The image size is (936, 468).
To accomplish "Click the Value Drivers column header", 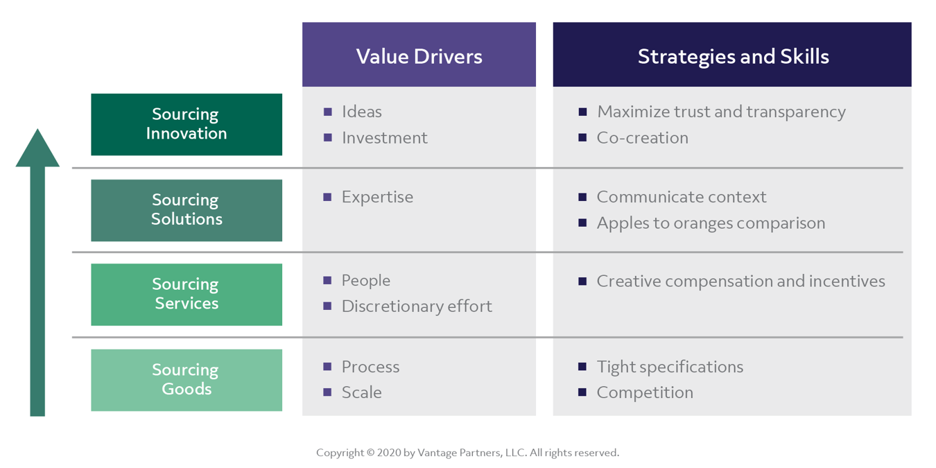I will (419, 55).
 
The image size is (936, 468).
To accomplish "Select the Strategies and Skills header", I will (732, 55).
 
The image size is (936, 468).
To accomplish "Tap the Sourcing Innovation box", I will (187, 124).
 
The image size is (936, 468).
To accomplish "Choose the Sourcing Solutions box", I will (187, 210).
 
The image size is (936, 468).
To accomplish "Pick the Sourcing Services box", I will (187, 295).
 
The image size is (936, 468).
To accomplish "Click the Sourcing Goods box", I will (187, 380).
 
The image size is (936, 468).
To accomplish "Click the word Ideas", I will (361, 112).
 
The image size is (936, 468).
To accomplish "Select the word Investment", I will (384, 138).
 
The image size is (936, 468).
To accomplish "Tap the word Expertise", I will (377, 197).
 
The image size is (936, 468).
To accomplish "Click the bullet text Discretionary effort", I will (417, 306).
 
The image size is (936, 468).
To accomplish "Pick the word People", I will (365, 281).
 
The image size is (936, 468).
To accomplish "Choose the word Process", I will (370, 367).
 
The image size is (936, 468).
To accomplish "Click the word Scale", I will (361, 392).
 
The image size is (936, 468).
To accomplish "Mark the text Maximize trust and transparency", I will (721, 112).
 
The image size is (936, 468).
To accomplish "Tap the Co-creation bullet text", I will (642, 138).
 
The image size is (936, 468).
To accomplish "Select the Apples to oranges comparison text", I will (711, 223).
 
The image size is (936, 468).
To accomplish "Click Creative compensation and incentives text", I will (740, 281).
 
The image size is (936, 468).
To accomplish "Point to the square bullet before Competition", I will (582, 392).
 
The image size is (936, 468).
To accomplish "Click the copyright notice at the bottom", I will (467, 453).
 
